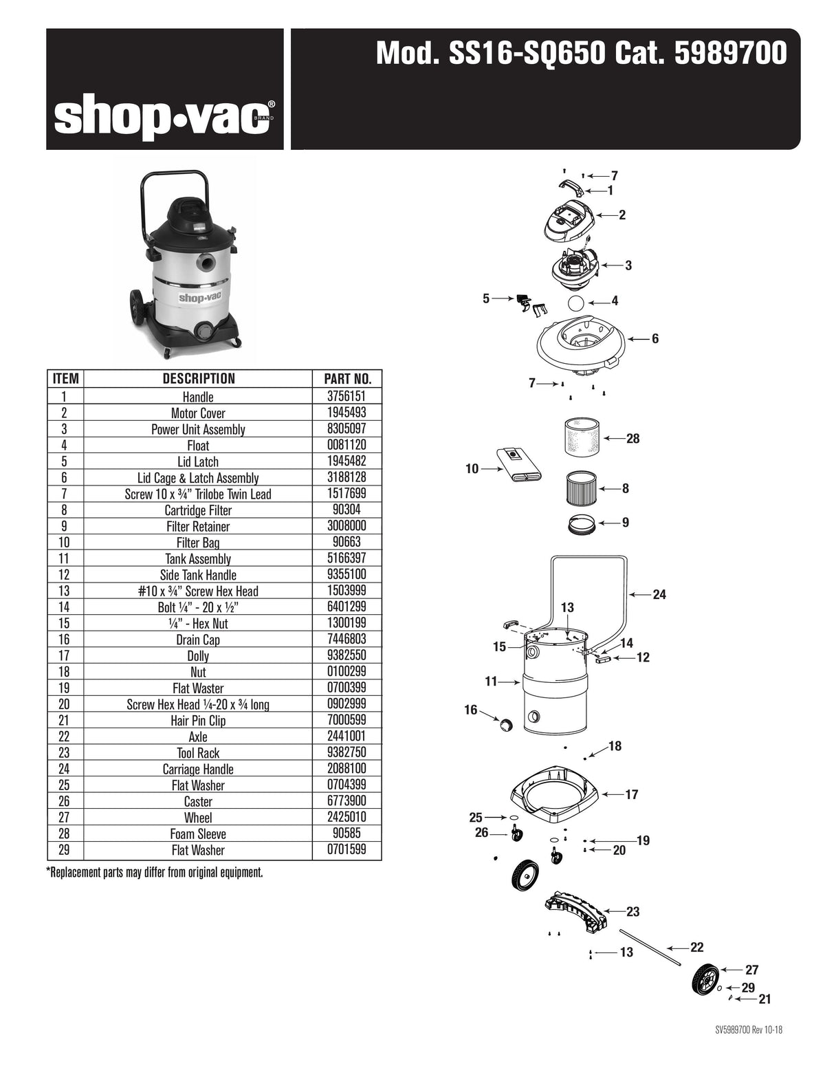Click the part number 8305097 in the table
pyautogui.click(x=347, y=429)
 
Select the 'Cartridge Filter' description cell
pyautogui.click(x=198, y=510)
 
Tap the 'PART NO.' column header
pyautogui.click(x=347, y=379)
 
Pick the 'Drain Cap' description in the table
pyautogui.click(x=198, y=640)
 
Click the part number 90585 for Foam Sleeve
pyautogui.click(x=347, y=833)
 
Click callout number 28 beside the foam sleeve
pyautogui.click(x=632, y=439)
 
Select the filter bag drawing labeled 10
pyautogui.click(x=519, y=466)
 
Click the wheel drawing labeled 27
pyautogui.click(x=706, y=979)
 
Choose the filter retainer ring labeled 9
pyautogui.click(x=583, y=525)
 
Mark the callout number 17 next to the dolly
pyautogui.click(x=631, y=795)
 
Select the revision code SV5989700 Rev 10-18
pyautogui.click(x=748, y=1030)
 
